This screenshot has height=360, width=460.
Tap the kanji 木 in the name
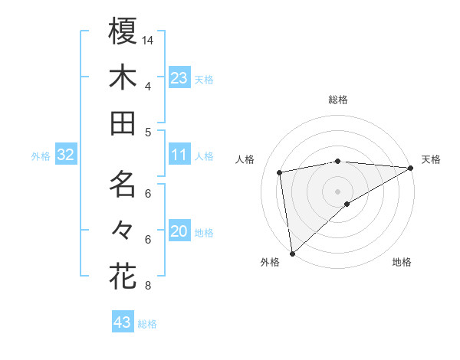click(x=123, y=77)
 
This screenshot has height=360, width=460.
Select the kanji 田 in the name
click(x=123, y=123)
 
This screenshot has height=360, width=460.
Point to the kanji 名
click(x=123, y=184)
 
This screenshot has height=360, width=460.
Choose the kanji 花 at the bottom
click(x=123, y=276)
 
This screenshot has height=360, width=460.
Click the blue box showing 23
click(x=179, y=77)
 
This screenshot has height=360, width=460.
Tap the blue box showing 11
click(x=179, y=155)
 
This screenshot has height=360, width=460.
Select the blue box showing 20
click(x=179, y=231)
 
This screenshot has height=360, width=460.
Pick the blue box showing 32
click(x=66, y=155)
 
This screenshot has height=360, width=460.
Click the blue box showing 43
click(x=123, y=322)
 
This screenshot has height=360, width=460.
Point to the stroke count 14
click(x=148, y=40)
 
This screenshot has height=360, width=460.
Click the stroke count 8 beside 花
click(x=148, y=286)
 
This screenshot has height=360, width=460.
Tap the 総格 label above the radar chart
click(x=337, y=100)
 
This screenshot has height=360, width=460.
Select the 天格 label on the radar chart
click(x=431, y=159)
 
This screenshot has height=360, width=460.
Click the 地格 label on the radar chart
click(x=402, y=263)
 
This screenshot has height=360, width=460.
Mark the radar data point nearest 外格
click(x=292, y=253)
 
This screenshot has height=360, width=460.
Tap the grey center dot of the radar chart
click(x=337, y=190)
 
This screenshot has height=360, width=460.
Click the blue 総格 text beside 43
click(x=147, y=324)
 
